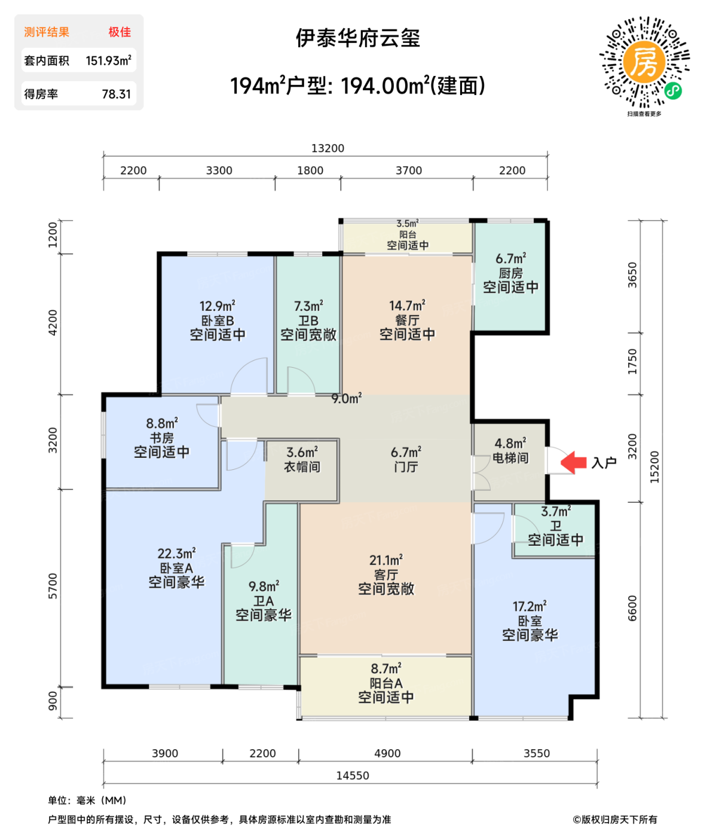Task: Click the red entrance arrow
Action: [574, 462]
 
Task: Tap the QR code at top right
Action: [644, 62]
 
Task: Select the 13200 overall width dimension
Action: [328, 148]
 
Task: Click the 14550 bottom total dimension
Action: [353, 775]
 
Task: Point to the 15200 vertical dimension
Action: [654, 467]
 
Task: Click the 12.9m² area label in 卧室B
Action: [217, 306]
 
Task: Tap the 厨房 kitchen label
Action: [510, 273]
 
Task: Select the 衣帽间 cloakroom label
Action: [302, 467]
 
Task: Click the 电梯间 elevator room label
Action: [510, 458]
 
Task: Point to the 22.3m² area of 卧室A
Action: [176, 554]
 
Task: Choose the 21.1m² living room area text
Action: [385, 560]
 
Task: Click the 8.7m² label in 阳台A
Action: [385, 668]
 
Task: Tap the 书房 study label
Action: [161, 438]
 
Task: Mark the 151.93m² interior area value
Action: [108, 60]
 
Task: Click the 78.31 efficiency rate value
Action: [116, 94]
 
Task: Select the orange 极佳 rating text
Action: [120, 32]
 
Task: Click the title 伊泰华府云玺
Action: [358, 38]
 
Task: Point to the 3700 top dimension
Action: [409, 170]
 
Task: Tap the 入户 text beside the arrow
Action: [604, 463]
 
